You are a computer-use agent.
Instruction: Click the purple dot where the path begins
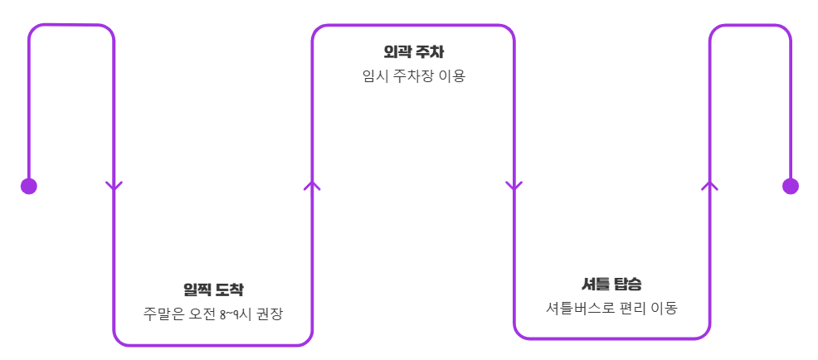(x=29, y=186)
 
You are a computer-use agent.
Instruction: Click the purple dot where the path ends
(x=790, y=186)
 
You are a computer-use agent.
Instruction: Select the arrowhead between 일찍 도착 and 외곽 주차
(x=312, y=185)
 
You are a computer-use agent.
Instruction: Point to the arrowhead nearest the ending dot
(x=709, y=185)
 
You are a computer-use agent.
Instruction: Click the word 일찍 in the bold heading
(x=197, y=289)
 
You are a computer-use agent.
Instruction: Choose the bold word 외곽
(x=397, y=52)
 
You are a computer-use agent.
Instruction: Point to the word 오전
(x=199, y=314)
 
